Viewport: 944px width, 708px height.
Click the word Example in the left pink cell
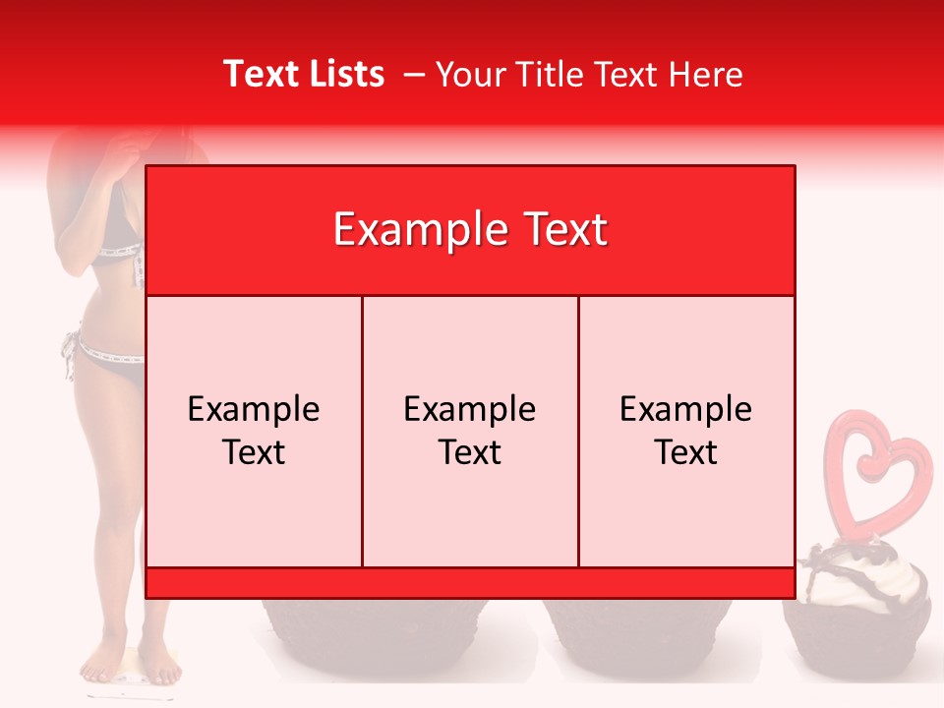(x=254, y=409)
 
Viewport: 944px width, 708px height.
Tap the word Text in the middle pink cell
(x=470, y=452)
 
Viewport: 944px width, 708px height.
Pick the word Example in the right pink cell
(x=686, y=409)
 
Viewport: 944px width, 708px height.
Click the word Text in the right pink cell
(x=686, y=452)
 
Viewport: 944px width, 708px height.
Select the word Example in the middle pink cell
(x=470, y=409)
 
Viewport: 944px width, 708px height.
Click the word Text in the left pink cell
(x=254, y=452)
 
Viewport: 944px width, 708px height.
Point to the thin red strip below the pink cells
(x=470, y=583)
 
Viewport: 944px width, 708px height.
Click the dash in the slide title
(x=413, y=74)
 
